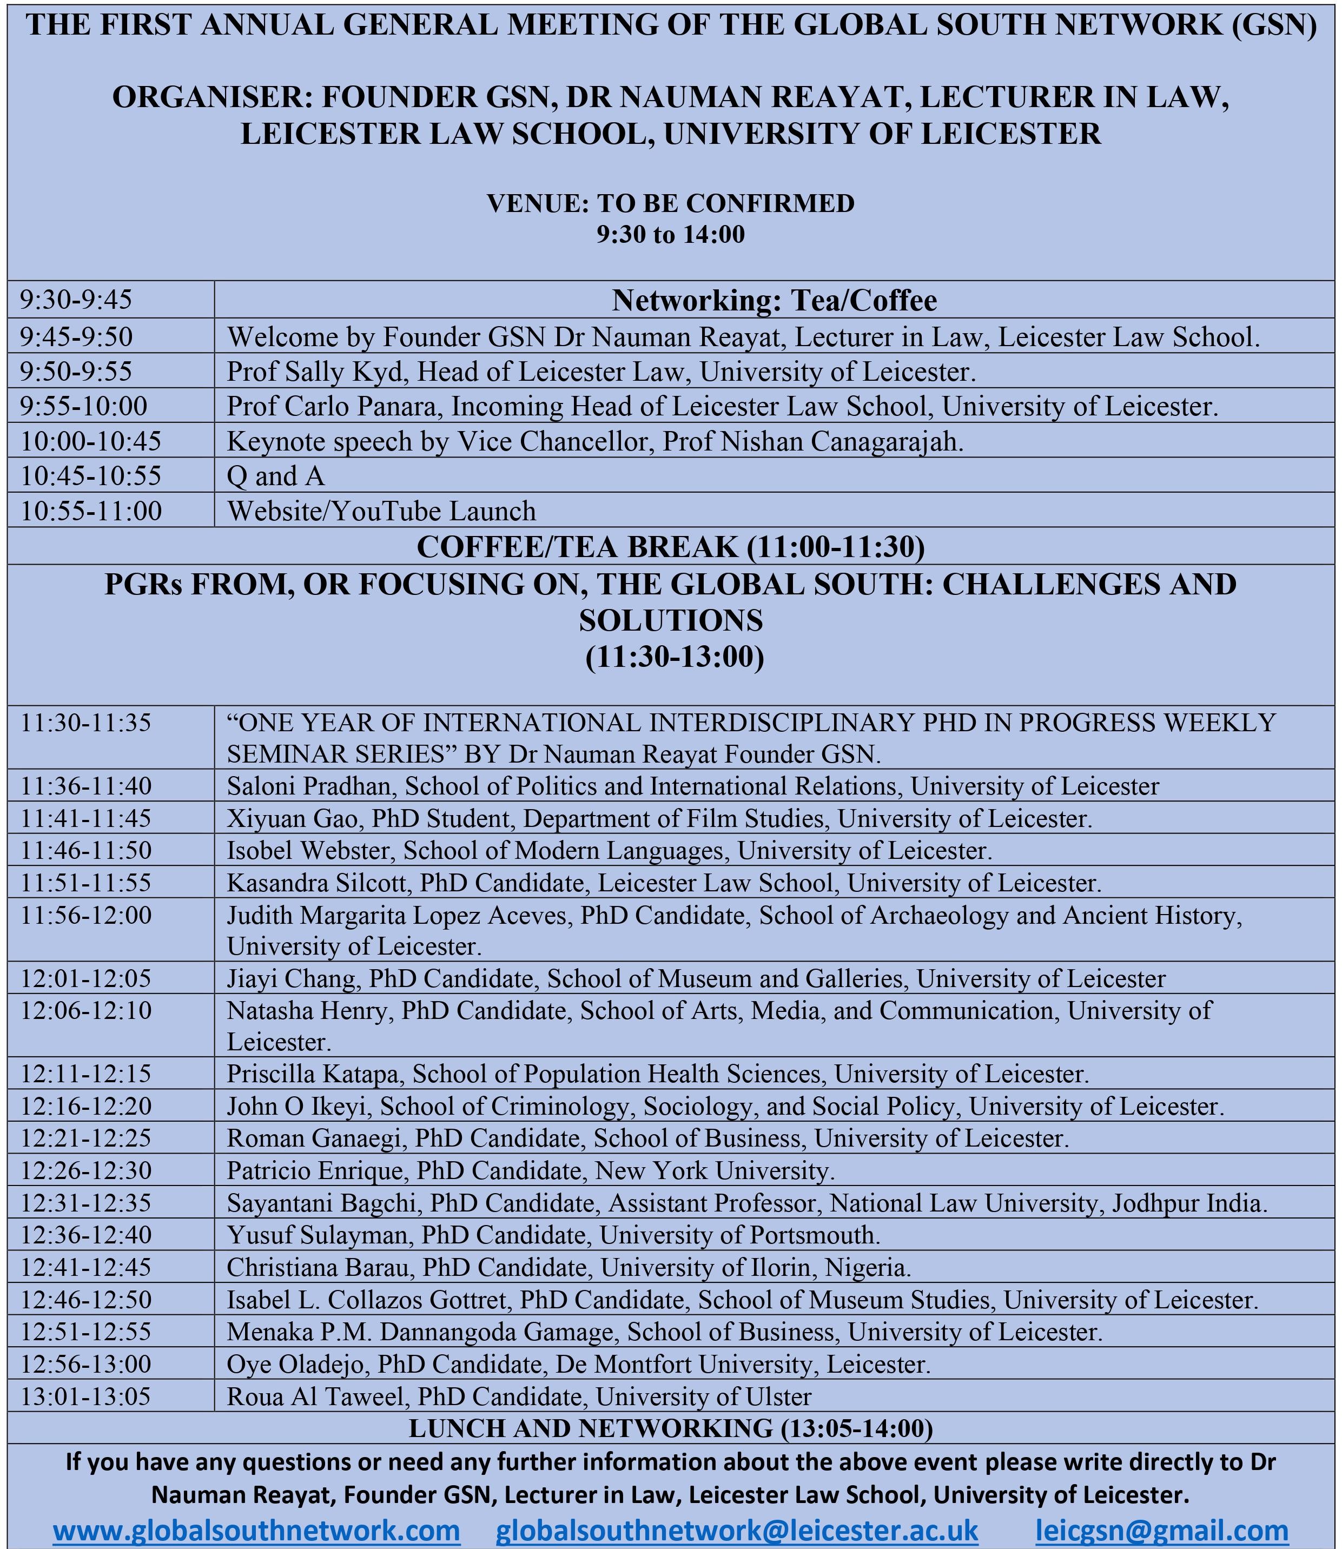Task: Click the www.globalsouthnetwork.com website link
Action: (256, 1530)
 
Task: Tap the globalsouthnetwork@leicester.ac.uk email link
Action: (737, 1530)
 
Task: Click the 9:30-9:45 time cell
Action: (76, 300)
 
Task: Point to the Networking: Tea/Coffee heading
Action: (775, 300)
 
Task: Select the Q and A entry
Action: (275, 476)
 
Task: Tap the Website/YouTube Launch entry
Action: (381, 511)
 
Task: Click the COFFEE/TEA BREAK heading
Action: (670, 547)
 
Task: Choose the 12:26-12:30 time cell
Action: (86, 1170)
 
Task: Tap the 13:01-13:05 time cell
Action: (86, 1396)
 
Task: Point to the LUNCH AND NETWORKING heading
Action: (670, 1428)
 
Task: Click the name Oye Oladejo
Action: (296, 1364)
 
